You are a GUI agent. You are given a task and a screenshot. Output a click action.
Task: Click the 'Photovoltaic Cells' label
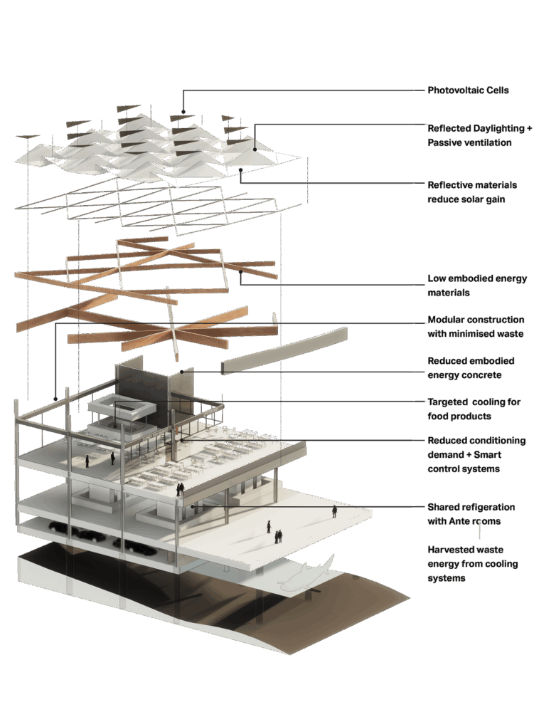469,90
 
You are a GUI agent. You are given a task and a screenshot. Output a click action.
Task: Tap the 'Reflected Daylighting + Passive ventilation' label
479,135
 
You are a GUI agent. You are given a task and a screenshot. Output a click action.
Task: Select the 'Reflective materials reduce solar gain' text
466,192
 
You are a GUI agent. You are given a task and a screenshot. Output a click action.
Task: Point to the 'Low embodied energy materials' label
476,285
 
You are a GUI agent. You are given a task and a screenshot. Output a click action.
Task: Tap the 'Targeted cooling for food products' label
471,408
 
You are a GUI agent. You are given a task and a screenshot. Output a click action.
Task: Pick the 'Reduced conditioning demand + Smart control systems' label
476,455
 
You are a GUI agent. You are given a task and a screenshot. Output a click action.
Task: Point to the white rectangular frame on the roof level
122,407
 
